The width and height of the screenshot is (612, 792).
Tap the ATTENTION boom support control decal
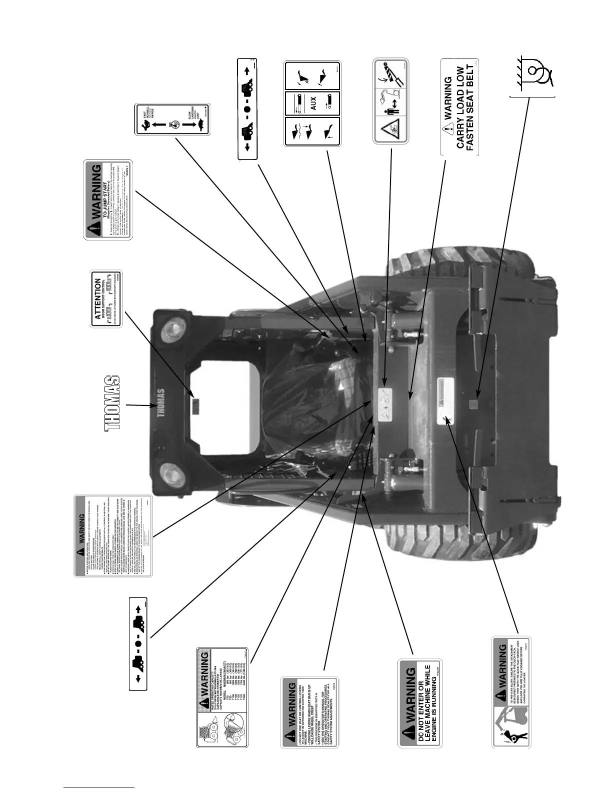pyautogui.click(x=106, y=299)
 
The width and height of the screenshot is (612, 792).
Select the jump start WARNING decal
pyautogui.click(x=108, y=199)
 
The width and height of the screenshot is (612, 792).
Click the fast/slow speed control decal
pyautogui.click(x=172, y=119)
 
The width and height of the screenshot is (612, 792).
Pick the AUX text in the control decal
pyautogui.click(x=312, y=103)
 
